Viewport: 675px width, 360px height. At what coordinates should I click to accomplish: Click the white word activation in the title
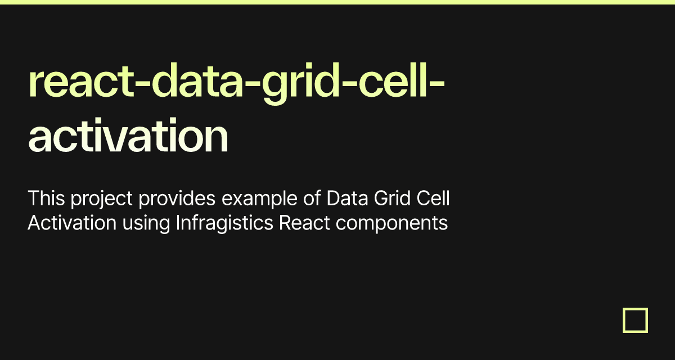click(128, 137)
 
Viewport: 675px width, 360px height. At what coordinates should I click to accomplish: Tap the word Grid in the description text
click(396, 199)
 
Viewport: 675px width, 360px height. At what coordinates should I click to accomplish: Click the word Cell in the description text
click(435, 199)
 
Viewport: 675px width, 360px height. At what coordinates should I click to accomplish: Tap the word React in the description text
click(304, 223)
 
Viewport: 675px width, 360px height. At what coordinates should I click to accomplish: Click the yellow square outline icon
click(635, 320)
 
